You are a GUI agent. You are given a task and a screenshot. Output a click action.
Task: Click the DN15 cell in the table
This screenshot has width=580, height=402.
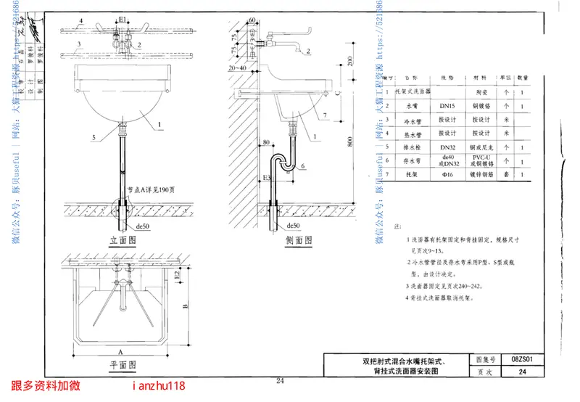click(447, 105)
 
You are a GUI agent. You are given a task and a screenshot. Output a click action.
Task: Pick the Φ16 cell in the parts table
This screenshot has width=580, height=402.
click(447, 174)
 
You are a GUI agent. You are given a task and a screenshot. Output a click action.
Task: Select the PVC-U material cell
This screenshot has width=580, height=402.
click(481, 156)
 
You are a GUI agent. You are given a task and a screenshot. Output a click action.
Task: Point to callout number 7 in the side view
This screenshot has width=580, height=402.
click(326, 115)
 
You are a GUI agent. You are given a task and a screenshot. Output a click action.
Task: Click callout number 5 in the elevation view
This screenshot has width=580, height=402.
click(93, 136)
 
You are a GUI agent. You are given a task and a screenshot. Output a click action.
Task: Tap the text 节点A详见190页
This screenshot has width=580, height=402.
click(152, 190)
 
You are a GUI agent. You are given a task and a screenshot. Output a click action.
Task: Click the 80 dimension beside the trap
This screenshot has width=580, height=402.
click(266, 142)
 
